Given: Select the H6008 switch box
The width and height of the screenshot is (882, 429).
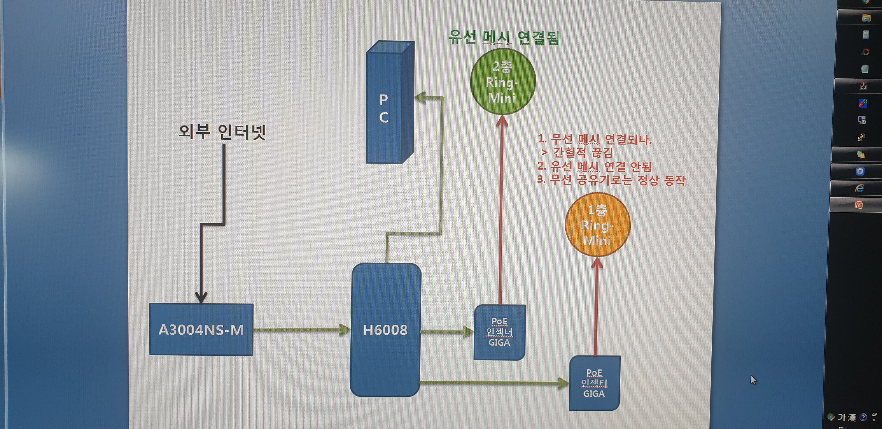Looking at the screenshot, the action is [385, 330].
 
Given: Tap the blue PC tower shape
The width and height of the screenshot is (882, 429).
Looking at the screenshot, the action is [390, 102].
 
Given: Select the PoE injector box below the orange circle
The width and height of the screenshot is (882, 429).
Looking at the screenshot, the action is [594, 383].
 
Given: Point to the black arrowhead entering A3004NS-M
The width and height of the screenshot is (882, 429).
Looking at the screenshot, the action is [201, 297].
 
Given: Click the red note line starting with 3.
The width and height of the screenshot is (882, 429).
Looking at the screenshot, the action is [611, 180].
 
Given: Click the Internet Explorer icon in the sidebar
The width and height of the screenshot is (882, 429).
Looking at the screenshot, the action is [859, 188].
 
